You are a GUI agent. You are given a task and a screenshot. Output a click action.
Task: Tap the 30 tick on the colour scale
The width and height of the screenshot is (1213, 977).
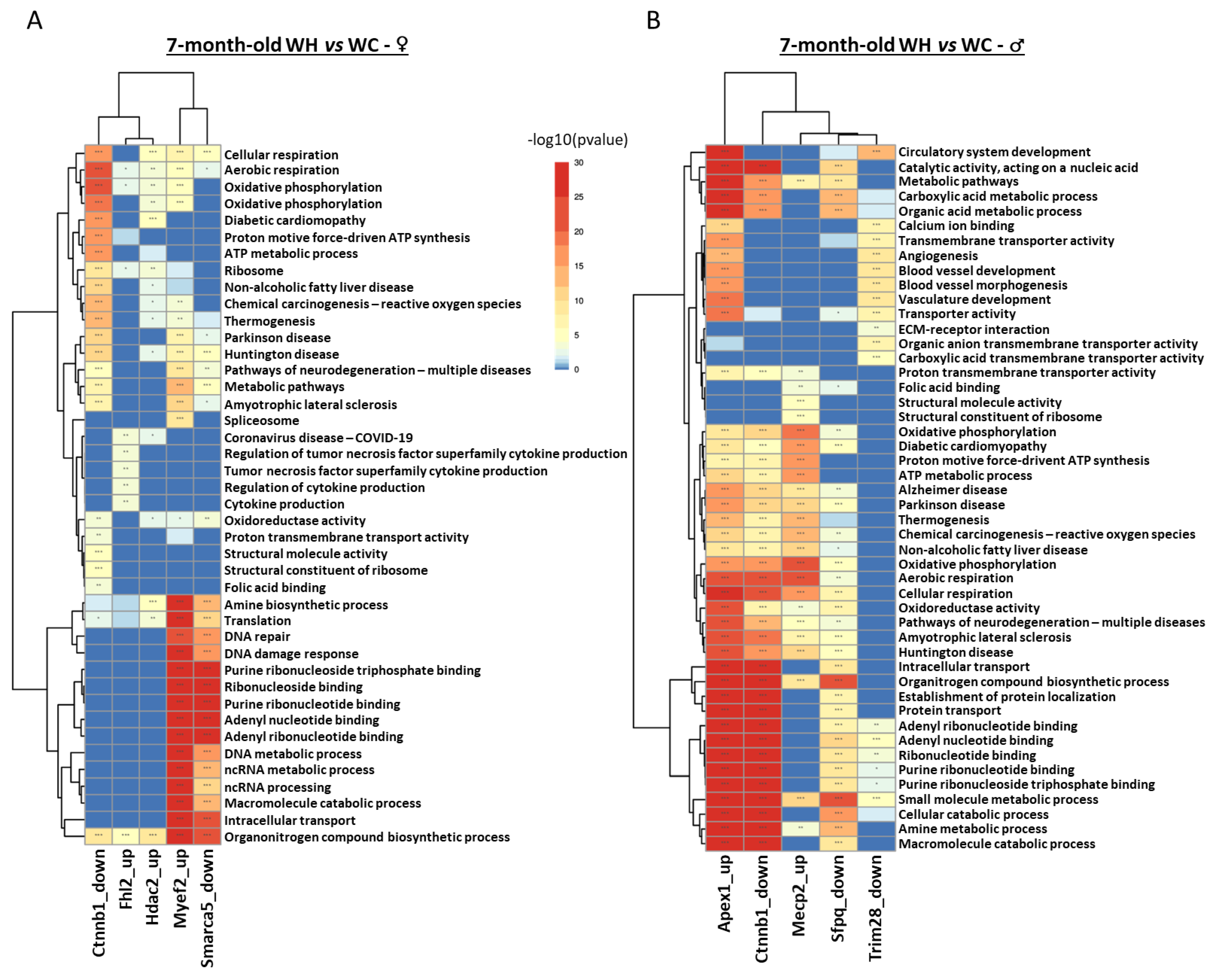pyautogui.click(x=578, y=163)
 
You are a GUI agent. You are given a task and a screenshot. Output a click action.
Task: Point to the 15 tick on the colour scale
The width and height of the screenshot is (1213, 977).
pyautogui.click(x=578, y=266)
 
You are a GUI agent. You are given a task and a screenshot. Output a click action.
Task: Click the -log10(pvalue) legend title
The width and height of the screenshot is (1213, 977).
pyautogui.click(x=577, y=140)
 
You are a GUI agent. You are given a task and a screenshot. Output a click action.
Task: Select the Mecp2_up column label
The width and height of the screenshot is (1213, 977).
pyautogui.click(x=799, y=895)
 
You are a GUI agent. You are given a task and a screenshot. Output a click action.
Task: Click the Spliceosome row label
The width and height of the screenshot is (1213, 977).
pyautogui.click(x=261, y=420)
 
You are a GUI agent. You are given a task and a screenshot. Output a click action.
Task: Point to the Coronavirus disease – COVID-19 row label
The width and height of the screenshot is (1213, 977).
pyautogui.click(x=318, y=437)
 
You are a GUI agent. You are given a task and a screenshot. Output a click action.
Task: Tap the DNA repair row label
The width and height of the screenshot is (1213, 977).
pyautogui.click(x=257, y=636)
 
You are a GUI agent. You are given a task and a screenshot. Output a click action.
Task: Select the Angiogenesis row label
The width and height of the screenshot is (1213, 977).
pyautogui.click(x=938, y=256)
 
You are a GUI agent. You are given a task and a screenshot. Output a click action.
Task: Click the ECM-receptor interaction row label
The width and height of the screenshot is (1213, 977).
pyautogui.click(x=973, y=329)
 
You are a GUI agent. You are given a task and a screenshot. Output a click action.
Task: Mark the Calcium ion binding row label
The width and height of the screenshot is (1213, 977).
pyautogui.click(x=956, y=226)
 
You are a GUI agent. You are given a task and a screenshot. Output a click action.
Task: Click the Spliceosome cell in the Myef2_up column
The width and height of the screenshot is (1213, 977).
pyautogui.click(x=180, y=420)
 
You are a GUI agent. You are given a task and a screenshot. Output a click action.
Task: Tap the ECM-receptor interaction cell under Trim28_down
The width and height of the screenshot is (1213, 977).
pyautogui.click(x=876, y=329)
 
